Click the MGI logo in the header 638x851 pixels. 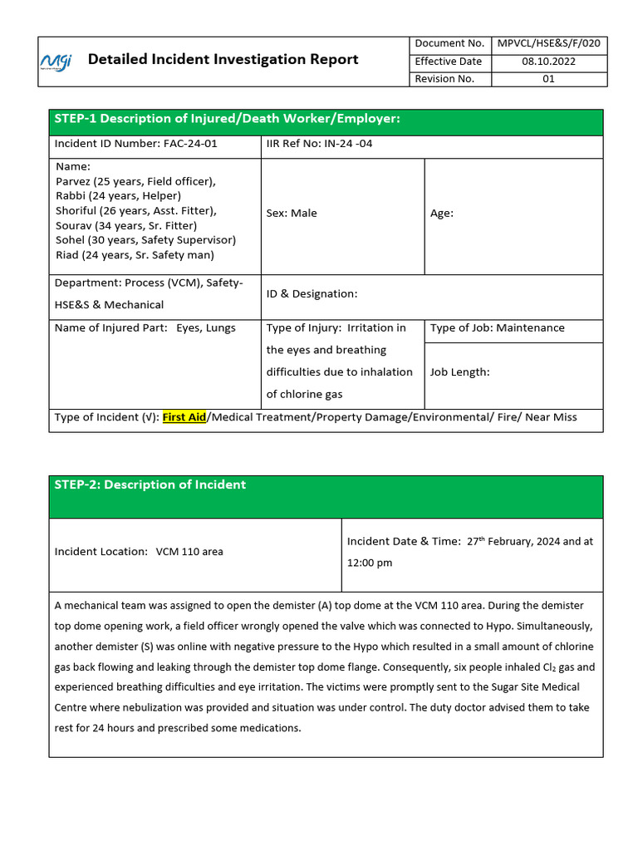pos(56,61)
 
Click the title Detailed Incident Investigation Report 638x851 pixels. pos(223,59)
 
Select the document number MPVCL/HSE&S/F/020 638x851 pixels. pos(549,43)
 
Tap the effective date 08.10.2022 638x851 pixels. pos(548,61)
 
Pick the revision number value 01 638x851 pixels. pos(548,79)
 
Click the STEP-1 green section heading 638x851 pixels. pos(227,120)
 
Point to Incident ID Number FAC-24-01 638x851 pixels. pos(135,143)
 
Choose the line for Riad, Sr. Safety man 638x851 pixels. pos(135,255)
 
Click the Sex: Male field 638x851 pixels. pos(292,214)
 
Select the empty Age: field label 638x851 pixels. pos(442,214)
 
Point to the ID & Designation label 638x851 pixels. pos(312,293)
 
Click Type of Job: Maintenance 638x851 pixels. pos(497,328)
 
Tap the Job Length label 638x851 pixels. pos(459,372)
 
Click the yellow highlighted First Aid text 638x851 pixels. pos(184,417)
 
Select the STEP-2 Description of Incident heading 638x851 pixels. pos(150,485)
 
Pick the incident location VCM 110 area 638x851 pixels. pos(189,552)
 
